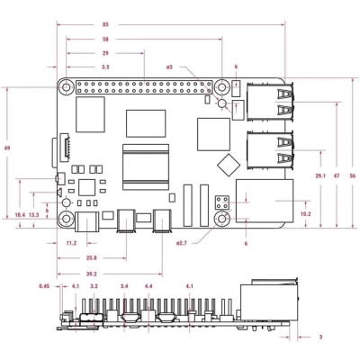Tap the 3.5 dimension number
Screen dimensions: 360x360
pyautogui.click(x=105, y=67)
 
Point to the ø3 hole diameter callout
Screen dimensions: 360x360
pyautogui.click(x=168, y=67)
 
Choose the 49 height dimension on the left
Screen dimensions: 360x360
pyautogui.click(x=7, y=148)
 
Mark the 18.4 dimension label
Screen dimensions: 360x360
pyautogui.click(x=20, y=215)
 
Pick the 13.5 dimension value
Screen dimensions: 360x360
pyautogui.click(x=34, y=215)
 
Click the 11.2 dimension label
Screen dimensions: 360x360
pyautogui.click(x=72, y=244)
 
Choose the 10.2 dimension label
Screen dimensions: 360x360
pyautogui.click(x=304, y=214)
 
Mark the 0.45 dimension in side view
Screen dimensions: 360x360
pyautogui.click(x=44, y=286)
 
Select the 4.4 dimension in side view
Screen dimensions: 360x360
pyautogui.click(x=148, y=286)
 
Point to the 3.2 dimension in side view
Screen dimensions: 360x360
pyautogui.click(x=94, y=286)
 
